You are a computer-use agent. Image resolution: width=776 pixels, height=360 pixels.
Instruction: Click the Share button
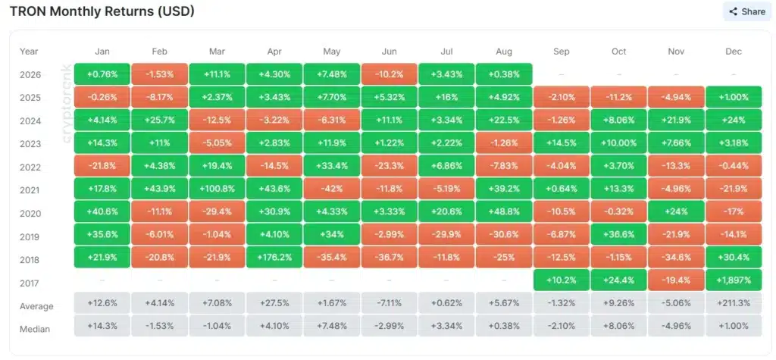pos(747,11)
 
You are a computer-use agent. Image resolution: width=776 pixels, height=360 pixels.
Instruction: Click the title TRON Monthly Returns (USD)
pos(102,11)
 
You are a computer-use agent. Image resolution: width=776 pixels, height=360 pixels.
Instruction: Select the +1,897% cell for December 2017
pos(734,280)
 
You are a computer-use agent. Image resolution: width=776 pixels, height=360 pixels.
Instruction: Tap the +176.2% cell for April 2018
pos(274,257)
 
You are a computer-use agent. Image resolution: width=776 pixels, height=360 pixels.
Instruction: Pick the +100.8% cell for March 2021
pos(217,189)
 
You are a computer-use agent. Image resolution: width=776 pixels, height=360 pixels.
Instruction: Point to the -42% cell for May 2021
pos(332,189)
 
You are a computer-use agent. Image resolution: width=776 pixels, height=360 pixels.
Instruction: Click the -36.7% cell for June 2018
pos(389,257)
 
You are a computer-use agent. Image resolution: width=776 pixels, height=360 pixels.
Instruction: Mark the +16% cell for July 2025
pos(446,97)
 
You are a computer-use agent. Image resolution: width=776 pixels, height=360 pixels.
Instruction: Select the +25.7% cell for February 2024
pos(159,121)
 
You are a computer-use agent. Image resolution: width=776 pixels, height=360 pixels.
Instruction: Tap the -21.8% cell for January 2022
pos(102,167)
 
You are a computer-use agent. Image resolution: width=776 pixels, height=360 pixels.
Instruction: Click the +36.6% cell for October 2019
pos(618,234)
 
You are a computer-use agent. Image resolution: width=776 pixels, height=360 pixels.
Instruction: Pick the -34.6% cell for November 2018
pos(676,257)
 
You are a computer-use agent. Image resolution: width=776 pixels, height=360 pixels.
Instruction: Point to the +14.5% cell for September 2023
pos(562,143)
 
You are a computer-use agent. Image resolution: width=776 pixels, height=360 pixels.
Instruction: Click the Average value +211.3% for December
pos(734,302)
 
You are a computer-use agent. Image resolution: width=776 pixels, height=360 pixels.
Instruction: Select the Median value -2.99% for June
pos(389,326)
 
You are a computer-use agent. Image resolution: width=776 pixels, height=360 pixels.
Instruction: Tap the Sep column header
pos(562,52)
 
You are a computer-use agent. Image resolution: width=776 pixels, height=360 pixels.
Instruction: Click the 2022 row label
pos(30,167)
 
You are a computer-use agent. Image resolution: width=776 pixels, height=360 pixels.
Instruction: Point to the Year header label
pos(29,52)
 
